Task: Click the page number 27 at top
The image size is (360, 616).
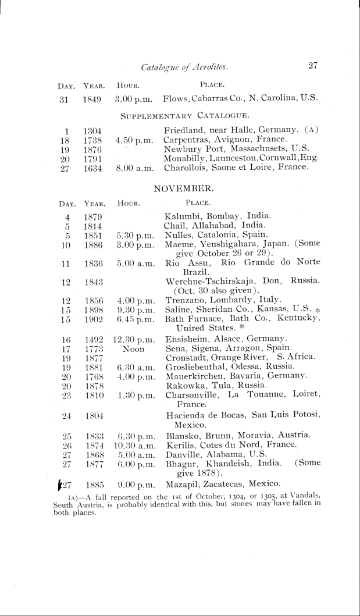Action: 312,66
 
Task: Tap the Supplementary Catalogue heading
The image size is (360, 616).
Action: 185,115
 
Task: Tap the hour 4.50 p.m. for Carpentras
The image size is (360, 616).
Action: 134,141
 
